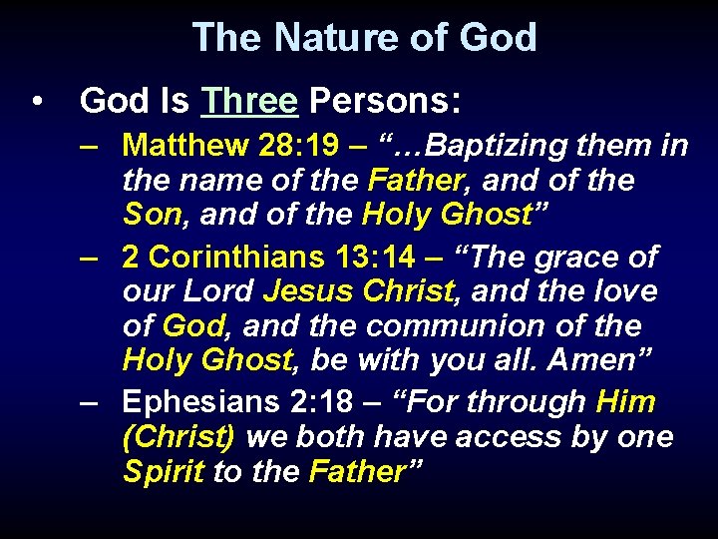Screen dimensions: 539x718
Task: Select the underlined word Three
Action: tap(248, 101)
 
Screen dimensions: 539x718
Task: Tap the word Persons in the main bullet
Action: tap(384, 101)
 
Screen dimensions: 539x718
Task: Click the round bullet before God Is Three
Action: tap(37, 102)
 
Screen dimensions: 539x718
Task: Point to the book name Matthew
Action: tap(185, 146)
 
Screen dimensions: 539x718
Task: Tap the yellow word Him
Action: tap(625, 402)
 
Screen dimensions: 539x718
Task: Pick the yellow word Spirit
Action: tap(165, 472)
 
